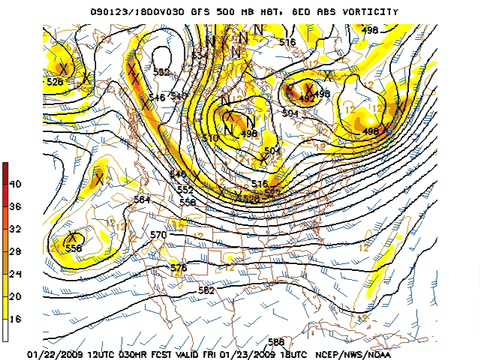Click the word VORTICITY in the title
pyautogui.click(x=370, y=12)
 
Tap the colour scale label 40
pyautogui.click(x=16, y=184)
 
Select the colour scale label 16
pyautogui.click(x=16, y=318)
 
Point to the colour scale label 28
pyautogui.click(x=16, y=251)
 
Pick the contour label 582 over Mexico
pyautogui.click(x=206, y=290)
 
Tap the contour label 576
pyautogui.click(x=178, y=267)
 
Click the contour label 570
pyautogui.click(x=158, y=235)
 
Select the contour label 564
pyautogui.click(x=142, y=200)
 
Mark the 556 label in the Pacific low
pyautogui.click(x=73, y=248)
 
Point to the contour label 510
pyautogui.click(x=210, y=137)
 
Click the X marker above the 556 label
pyautogui.click(x=73, y=236)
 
